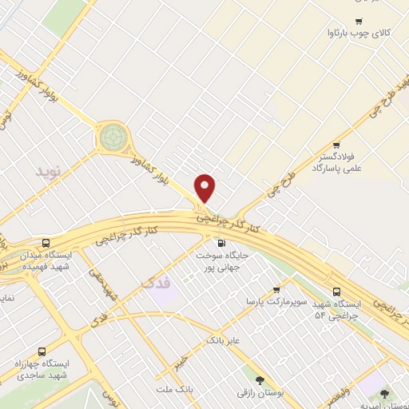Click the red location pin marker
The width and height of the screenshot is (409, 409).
coord(205,189)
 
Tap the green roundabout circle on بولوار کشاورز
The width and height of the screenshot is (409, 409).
coord(112,137)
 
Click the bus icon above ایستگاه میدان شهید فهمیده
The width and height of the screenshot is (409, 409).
coord(46,242)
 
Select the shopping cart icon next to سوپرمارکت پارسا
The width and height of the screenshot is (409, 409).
coord(277,289)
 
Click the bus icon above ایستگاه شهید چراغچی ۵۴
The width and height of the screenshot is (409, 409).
coord(337,292)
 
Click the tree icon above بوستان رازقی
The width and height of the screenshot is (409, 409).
coord(258,380)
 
